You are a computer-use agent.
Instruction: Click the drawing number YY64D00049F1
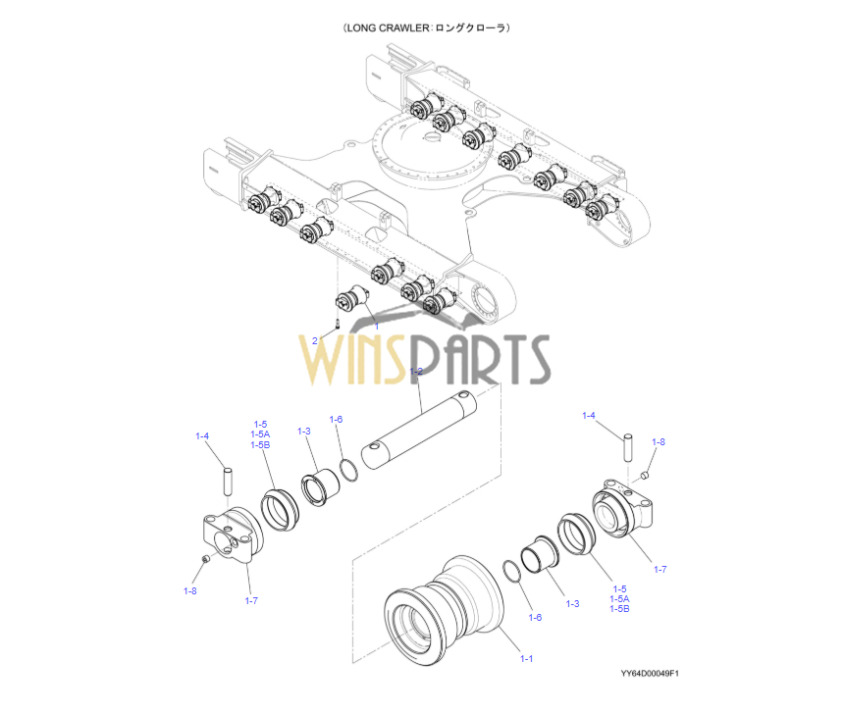(650, 674)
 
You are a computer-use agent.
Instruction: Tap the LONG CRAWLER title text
(426, 28)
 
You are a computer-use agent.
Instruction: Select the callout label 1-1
(526, 658)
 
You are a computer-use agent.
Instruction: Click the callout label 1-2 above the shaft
(416, 372)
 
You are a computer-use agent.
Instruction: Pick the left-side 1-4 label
(202, 436)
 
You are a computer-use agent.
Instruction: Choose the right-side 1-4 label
(589, 416)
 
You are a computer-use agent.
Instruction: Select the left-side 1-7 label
(251, 600)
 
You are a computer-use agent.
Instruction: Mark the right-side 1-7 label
(659, 569)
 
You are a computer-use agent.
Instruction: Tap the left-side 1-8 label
(189, 590)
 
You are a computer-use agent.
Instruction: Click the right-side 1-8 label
(658, 442)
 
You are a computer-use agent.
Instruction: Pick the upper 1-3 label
(304, 432)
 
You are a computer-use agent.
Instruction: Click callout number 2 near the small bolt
(315, 340)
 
